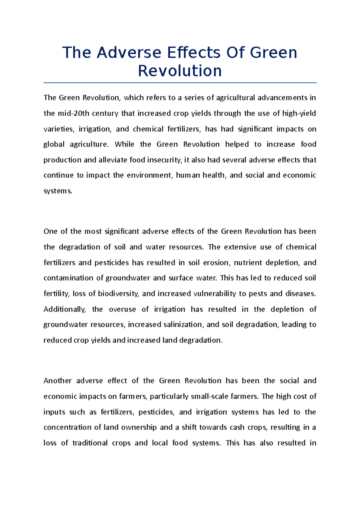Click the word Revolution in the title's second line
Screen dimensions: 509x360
[x=180, y=71]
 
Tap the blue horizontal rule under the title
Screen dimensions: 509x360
[x=180, y=82]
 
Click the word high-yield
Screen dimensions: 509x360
[x=299, y=113]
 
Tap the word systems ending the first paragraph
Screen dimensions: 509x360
[x=58, y=191]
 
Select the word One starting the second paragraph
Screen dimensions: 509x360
[x=50, y=231]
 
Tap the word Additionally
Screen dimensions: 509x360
[x=64, y=309]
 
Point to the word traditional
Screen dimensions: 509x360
[x=90, y=443]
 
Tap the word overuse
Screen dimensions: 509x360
[x=122, y=309]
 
